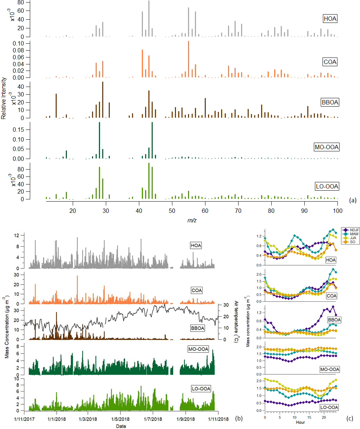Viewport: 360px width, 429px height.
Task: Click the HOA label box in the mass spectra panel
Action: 329,19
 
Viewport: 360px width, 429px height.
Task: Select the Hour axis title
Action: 300,422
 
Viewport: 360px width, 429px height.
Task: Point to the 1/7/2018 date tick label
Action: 153,419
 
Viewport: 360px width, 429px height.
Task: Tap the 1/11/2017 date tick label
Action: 24,419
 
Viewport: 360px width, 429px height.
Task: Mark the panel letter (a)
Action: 352,200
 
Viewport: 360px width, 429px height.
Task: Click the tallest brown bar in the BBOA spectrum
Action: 103,100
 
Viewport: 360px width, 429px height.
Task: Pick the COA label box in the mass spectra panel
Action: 330,62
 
